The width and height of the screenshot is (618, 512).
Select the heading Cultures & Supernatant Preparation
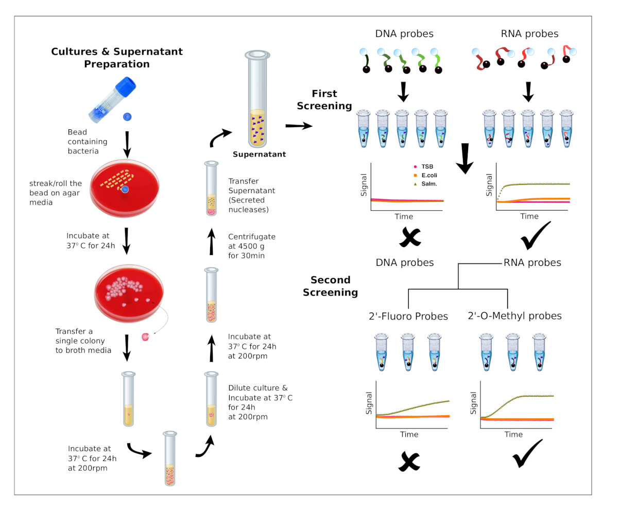[117, 58]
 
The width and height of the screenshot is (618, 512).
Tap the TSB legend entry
[425, 167]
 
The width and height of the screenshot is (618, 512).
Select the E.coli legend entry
[427, 176]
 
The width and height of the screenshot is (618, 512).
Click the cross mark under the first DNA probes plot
[409, 236]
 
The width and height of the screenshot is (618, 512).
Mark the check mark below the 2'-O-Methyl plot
[527, 453]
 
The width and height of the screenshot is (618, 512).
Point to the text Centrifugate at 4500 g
[252, 242]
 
